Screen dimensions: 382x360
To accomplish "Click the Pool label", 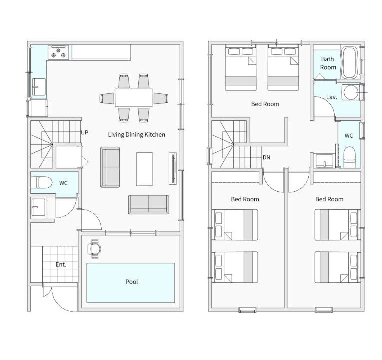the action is pos(132,282).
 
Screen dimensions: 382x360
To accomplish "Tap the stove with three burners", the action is pos(58,52).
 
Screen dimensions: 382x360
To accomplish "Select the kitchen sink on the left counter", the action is pos(39,87).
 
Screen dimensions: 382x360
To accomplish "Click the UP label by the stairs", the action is pos(85,132).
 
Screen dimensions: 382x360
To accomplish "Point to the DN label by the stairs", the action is pos(267,157).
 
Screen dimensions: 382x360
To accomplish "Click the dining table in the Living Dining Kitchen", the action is pos(134,98).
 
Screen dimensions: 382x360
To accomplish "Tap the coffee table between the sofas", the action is pos(144,169).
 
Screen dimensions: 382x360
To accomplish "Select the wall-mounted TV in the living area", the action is pos(173,168).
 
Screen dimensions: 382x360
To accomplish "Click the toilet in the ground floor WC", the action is pos(41,182).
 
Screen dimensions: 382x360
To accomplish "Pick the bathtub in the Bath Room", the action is pos(349,63).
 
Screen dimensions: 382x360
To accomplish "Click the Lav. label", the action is pos(332,97).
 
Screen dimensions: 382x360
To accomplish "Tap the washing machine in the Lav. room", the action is pos(351,92).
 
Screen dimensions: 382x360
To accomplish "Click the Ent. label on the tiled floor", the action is pos(61,265).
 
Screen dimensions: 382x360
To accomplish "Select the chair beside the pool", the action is pos(95,249).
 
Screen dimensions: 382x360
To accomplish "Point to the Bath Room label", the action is pos(328,63).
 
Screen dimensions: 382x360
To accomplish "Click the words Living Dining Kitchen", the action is pos(136,134).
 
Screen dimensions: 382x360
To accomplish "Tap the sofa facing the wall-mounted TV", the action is pos(110,167).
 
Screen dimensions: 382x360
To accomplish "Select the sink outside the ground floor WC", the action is pos(38,207).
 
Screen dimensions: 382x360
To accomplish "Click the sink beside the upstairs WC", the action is pos(325,161).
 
